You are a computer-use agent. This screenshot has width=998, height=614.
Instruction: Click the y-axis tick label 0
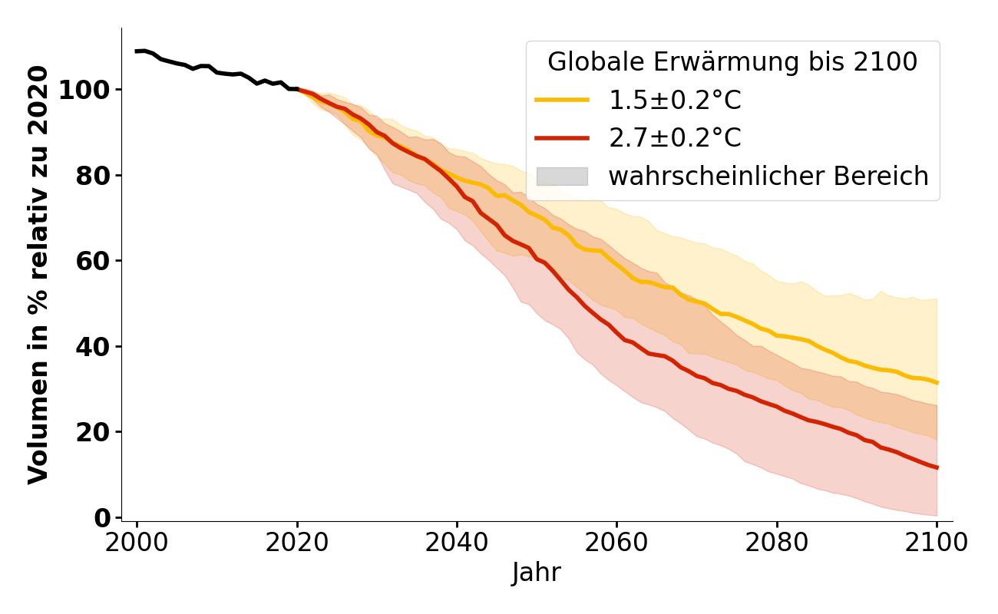[102, 518]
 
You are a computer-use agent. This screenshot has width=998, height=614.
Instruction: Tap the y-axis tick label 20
[92, 432]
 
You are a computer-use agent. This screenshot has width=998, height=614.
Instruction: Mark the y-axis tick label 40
[92, 347]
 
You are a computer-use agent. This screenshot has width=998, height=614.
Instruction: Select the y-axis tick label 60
[92, 261]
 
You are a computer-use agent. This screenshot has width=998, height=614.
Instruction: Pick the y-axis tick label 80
[92, 176]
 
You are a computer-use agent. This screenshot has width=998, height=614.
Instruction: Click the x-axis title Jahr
[536, 573]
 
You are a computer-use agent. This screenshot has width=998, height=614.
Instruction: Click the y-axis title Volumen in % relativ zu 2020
[38, 275]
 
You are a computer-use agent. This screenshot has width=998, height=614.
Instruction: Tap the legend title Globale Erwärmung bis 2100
[732, 62]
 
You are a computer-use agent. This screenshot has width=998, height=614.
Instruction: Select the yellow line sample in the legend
[562, 100]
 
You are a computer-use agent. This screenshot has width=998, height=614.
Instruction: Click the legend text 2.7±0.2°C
[675, 138]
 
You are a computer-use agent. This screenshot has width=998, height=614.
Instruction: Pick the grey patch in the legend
[562, 177]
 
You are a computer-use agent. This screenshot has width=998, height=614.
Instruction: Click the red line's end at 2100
[937, 467]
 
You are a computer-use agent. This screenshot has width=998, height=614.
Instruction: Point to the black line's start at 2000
[137, 51]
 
